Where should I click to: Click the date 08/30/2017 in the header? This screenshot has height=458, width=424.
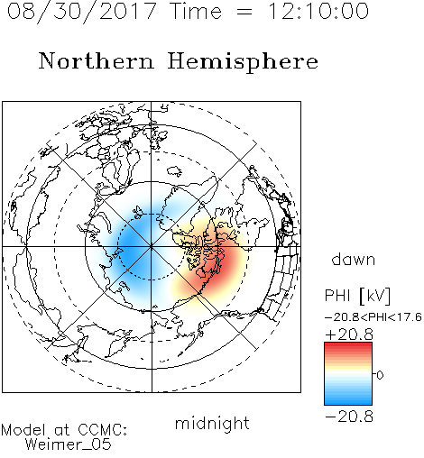[82, 11]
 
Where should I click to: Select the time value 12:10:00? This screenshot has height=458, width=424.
[318, 11]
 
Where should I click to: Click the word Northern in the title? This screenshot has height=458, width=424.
[97, 60]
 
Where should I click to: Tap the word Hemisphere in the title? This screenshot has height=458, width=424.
[243, 62]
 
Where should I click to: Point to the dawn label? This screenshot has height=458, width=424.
[354, 259]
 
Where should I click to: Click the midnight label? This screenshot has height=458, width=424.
[212, 424]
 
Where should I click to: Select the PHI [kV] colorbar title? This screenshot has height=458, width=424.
[357, 296]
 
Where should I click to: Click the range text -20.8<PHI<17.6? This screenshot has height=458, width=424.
[373, 317]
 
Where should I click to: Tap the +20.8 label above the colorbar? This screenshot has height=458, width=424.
[349, 334]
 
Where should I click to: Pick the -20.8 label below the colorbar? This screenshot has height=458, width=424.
[349, 417]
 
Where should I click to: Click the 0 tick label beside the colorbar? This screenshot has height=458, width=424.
[380, 375]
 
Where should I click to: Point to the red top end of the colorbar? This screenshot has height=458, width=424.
[348, 344]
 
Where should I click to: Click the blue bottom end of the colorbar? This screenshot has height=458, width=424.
[348, 403]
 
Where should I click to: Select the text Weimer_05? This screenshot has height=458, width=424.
[69, 444]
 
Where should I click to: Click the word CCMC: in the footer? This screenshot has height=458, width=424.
[102, 430]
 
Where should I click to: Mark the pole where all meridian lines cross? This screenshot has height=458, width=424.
[152, 247]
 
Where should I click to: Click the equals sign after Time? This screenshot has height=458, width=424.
[244, 12]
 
